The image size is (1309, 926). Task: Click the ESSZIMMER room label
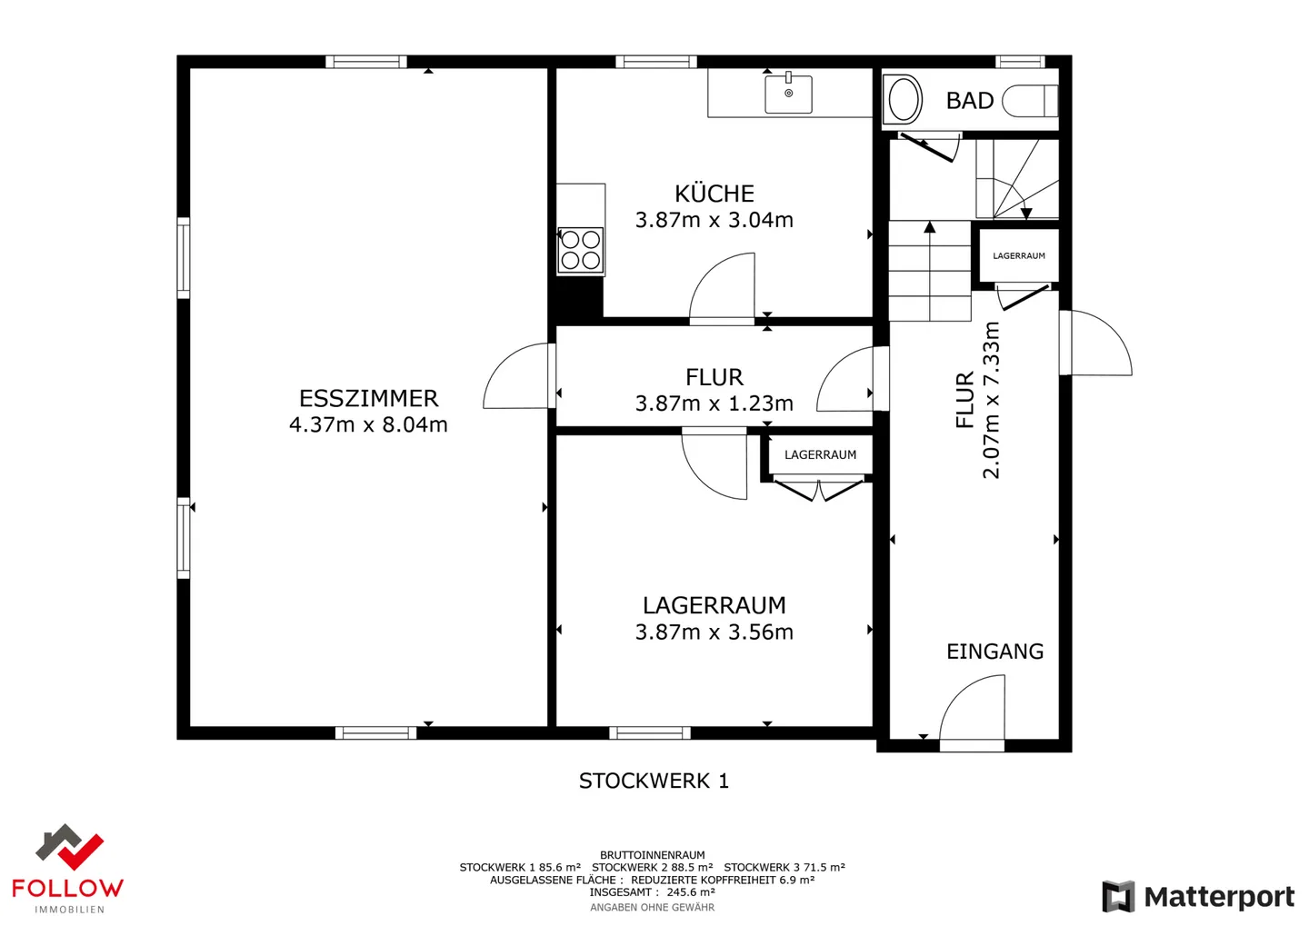point(368,398)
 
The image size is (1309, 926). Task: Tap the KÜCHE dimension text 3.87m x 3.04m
point(714,220)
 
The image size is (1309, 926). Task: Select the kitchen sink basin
point(788,94)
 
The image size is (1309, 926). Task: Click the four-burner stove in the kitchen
point(580,250)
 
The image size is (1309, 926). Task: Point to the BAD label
point(970,101)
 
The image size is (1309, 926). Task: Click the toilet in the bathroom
point(1030,101)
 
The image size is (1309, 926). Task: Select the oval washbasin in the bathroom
point(903,99)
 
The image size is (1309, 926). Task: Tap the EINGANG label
point(995,651)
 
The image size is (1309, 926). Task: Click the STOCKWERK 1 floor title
point(654,781)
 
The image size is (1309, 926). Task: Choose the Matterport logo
point(1198,896)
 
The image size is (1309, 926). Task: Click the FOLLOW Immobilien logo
point(68,869)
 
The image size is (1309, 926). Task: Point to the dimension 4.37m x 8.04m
point(368,424)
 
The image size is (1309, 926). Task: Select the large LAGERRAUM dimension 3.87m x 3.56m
point(714,632)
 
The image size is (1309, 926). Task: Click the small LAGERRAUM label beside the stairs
point(1018,256)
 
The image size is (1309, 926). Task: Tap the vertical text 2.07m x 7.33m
point(992,400)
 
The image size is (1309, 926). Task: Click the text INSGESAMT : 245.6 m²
point(652,892)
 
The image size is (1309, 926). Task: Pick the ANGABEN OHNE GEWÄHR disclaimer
point(652,907)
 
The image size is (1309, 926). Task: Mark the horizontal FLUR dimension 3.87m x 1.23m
point(714,403)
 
